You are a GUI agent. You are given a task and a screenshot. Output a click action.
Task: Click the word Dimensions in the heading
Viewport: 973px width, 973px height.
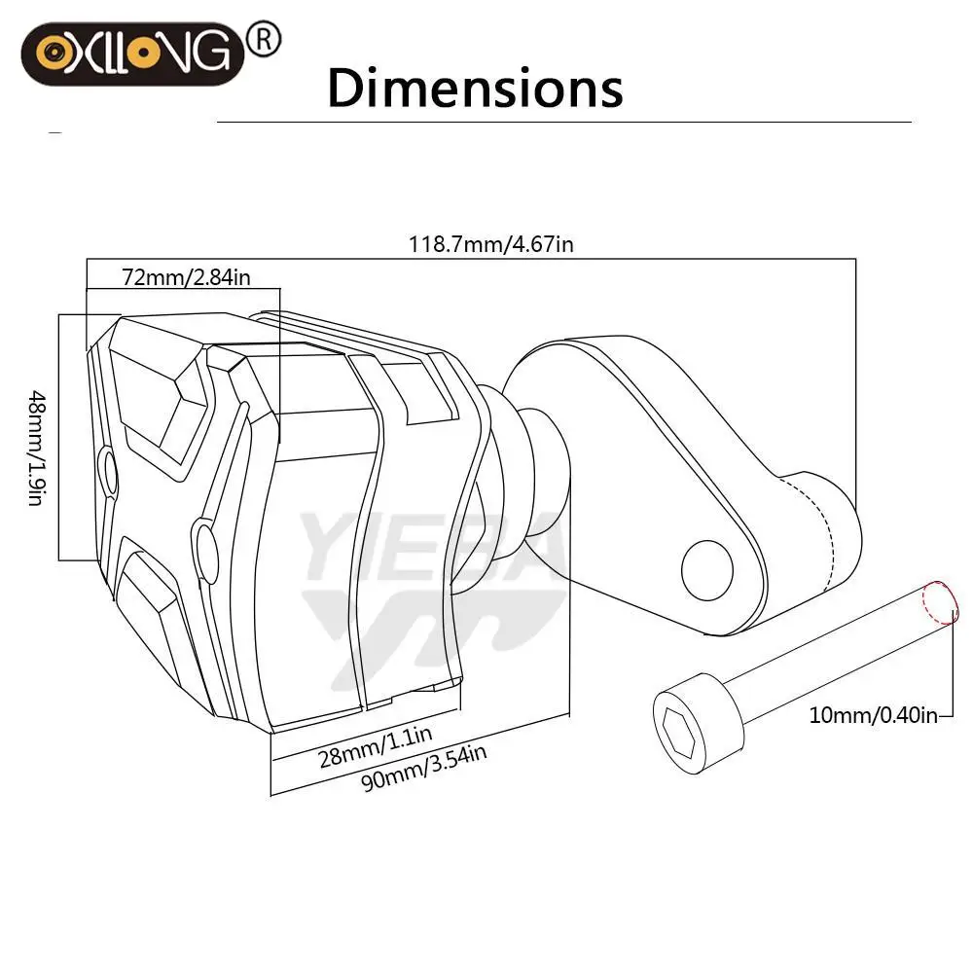475,89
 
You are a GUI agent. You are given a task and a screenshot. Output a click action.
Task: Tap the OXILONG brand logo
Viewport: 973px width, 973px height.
132,54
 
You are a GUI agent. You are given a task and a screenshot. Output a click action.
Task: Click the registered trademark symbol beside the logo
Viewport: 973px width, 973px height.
264,40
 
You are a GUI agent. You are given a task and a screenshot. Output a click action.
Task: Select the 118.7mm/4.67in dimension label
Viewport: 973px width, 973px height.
490,244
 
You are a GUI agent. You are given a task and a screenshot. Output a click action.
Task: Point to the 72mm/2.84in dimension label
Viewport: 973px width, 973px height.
186,276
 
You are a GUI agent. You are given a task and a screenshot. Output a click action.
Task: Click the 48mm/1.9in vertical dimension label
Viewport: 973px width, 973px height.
37,448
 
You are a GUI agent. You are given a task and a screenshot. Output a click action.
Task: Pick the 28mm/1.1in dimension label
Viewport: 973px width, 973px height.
375,746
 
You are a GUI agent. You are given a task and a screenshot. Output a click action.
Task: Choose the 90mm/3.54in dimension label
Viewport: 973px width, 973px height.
424,768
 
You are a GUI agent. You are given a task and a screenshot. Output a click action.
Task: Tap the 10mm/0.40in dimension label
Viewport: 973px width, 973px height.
873,715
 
